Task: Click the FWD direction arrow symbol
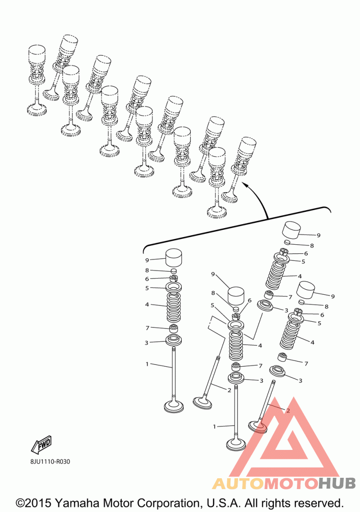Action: click(41, 445)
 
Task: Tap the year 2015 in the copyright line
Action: click(39, 503)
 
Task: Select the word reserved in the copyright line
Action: click(315, 503)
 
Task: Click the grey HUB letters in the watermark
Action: click(337, 483)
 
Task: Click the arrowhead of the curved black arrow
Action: click(244, 185)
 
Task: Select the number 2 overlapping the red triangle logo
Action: click(288, 411)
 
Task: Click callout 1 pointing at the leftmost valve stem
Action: click(147, 364)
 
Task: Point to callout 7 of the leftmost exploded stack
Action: click(147, 328)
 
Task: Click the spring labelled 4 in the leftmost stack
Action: click(174, 307)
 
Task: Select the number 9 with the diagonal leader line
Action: click(213, 274)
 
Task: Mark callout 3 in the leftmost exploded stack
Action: click(147, 342)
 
